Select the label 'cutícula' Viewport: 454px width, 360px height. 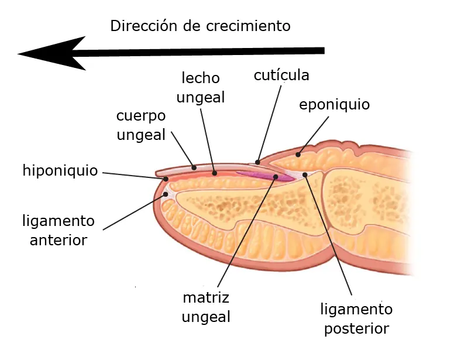281,76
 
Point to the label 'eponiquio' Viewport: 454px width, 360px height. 334,105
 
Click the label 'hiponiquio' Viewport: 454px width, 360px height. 60,170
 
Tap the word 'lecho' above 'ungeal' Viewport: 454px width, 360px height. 200,78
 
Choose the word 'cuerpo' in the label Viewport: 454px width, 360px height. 140,115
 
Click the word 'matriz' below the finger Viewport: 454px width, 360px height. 205,297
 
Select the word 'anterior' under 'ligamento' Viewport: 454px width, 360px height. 59,240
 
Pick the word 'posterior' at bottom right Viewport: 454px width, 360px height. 356,329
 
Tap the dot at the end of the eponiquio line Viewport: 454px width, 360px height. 298,155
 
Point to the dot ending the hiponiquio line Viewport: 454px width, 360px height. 166,179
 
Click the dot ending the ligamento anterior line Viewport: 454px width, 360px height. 166,194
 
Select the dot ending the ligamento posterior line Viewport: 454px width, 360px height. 305,174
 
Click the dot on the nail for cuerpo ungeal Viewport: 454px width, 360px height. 194,167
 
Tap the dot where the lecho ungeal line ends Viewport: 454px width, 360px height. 215,173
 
